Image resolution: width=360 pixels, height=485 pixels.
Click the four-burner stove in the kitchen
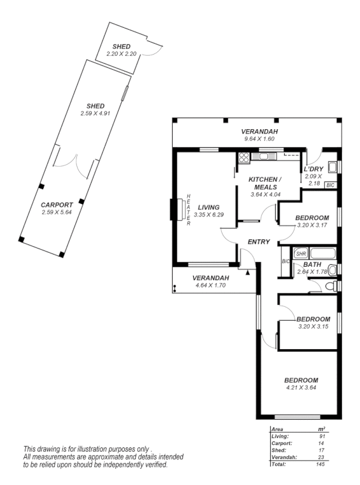coord(244,158)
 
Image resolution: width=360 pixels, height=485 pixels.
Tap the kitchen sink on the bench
coord(264,158)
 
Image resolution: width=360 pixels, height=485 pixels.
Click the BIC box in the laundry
coord(330,185)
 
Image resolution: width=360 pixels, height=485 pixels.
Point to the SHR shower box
coord(301,253)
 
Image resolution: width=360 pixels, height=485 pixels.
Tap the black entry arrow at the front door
coord(248,272)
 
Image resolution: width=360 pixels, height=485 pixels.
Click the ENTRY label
coord(259,242)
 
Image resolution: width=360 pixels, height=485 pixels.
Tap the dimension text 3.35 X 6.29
coord(208,215)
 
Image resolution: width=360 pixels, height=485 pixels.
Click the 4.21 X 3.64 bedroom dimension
coord(301,387)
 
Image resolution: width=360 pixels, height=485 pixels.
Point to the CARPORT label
coord(57,205)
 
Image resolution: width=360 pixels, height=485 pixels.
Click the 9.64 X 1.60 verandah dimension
coord(259,139)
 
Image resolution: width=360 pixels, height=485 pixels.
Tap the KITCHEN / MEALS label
coord(265,183)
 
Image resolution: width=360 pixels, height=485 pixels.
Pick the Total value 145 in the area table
coord(320,464)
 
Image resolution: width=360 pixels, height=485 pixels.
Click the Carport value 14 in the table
coord(321,443)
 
